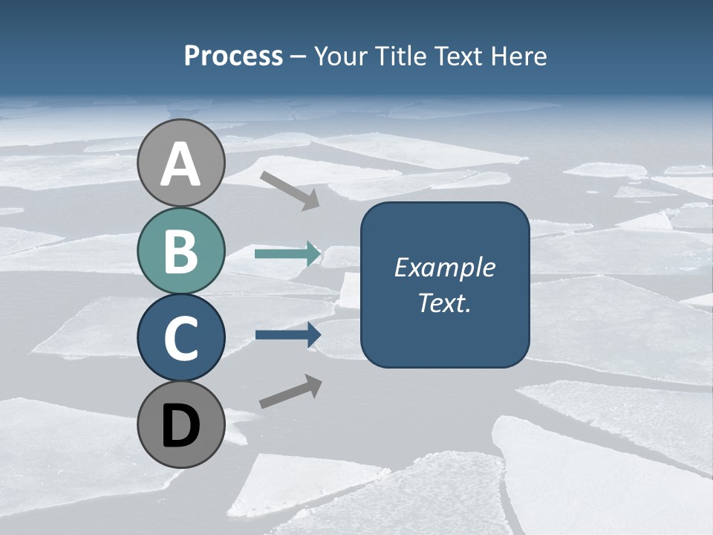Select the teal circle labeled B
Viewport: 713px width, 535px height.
pos(181,250)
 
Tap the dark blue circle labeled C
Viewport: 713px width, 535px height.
pos(181,337)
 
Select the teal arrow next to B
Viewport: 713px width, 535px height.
pos(287,254)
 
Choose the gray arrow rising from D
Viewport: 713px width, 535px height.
pos(290,392)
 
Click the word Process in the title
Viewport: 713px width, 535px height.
pos(233,56)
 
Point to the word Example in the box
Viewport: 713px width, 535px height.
pos(444,267)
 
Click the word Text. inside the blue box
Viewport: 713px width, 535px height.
pos(444,302)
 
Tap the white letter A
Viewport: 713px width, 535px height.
pos(181,165)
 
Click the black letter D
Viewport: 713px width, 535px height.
pos(181,427)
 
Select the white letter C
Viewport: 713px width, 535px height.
pos(181,339)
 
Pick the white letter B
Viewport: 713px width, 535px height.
pos(181,251)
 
